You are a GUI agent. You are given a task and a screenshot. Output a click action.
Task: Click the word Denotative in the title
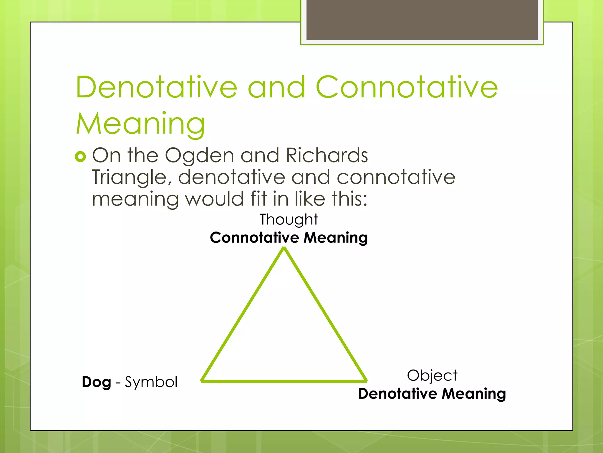coord(156,87)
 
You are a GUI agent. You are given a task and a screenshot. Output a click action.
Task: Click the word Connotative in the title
coord(407,87)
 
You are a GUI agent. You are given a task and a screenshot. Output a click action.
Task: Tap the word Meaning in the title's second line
coord(140,124)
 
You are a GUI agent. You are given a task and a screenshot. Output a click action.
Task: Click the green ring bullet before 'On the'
coord(80,156)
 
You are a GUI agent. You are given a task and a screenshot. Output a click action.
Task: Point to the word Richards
coord(327,155)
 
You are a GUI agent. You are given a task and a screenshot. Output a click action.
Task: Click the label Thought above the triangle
coord(289,220)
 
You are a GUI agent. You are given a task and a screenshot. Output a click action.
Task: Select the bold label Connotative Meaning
coord(289,238)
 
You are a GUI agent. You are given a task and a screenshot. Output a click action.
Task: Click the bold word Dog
coord(96,382)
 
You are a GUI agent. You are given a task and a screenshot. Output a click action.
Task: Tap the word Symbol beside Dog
coord(151,382)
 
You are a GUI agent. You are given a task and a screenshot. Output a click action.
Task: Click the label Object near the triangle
coord(432,375)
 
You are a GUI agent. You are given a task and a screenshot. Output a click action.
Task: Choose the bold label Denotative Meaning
coord(432,394)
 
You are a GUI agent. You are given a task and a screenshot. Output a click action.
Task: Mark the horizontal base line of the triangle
coord(284,381)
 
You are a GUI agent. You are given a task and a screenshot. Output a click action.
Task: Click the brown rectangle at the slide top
coord(422,19)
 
